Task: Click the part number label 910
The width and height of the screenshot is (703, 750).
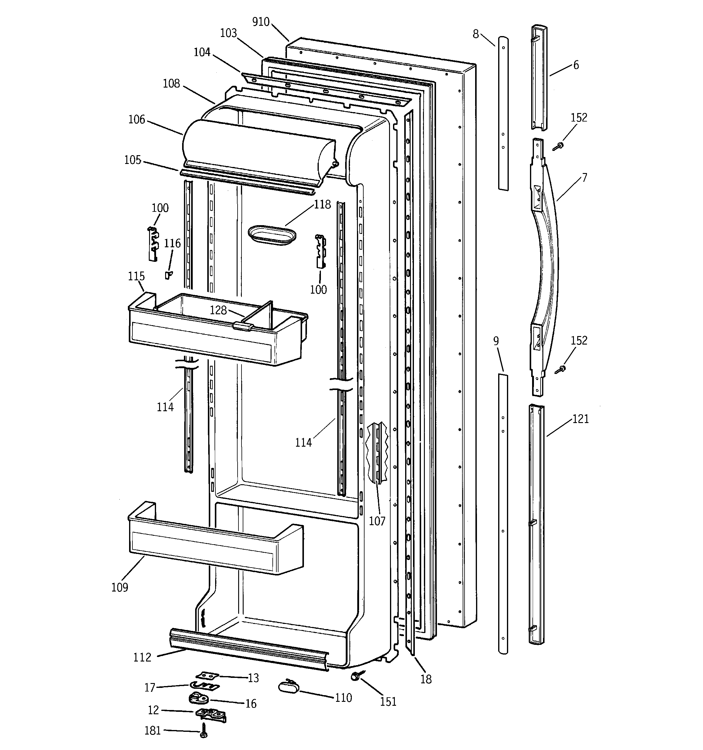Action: click(x=261, y=22)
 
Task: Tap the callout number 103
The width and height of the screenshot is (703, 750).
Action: click(x=228, y=33)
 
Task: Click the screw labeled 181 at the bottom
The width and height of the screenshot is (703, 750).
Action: click(x=204, y=730)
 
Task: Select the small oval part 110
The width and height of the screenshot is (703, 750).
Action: click(x=288, y=686)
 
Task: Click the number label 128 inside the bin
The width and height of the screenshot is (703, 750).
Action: click(x=218, y=310)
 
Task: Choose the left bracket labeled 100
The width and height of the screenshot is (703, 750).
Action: click(x=152, y=244)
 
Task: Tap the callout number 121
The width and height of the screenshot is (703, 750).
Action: click(x=580, y=419)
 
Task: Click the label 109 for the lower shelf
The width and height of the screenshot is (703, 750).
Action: click(x=120, y=587)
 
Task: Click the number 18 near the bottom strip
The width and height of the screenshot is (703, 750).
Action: click(x=426, y=679)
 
